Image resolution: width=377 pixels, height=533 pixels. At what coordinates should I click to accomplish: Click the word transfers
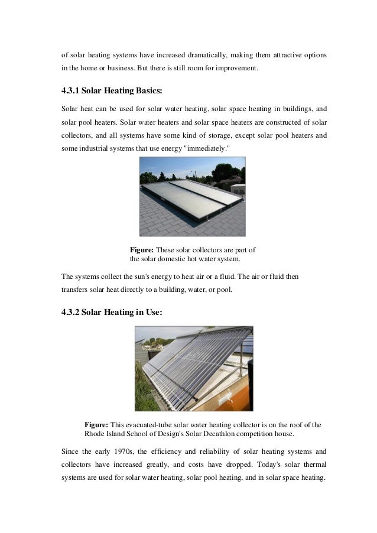[74, 290]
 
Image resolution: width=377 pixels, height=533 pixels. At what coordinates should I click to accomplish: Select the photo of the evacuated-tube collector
[193, 369]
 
